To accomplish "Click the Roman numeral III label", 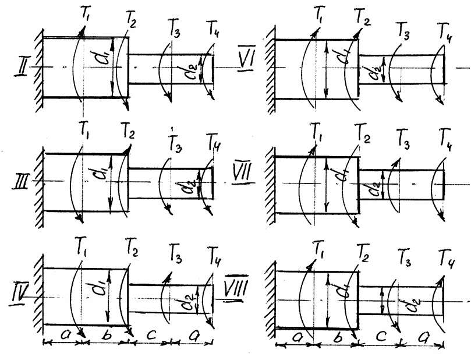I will tap(22, 182).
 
